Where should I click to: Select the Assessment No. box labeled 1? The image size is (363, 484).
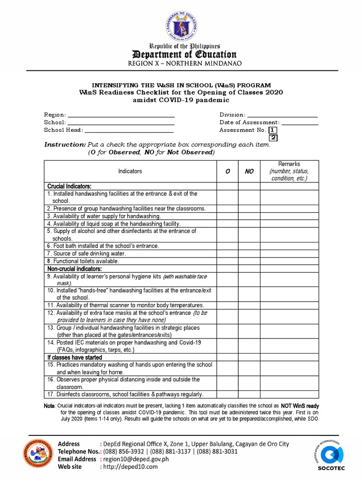point(273,130)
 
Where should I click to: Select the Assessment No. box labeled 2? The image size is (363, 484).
point(273,138)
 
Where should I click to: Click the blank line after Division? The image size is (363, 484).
point(282,115)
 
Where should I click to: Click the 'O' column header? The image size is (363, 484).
point(227,171)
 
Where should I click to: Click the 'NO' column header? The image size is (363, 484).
point(249,171)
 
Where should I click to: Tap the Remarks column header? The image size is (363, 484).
point(289,171)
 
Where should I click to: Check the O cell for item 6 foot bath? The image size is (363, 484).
point(227,246)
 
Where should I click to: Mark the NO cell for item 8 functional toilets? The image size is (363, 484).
point(249,261)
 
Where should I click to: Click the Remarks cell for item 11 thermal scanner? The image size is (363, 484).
point(289,305)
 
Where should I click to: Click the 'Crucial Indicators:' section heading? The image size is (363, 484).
point(69,186)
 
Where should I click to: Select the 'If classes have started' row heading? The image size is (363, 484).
point(75,358)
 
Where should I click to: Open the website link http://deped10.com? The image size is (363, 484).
point(130,467)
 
